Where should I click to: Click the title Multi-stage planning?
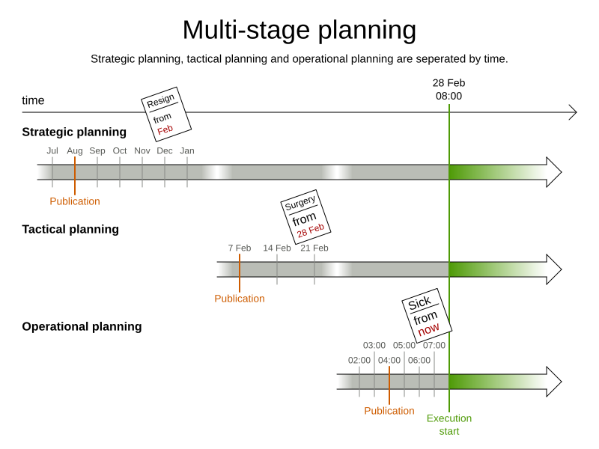click(x=299, y=31)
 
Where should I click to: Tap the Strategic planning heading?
click(x=74, y=132)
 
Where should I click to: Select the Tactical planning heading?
click(x=70, y=229)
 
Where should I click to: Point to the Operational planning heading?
click(x=82, y=326)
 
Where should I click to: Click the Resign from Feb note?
click(x=166, y=114)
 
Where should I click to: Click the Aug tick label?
click(x=75, y=150)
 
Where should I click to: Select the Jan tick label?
click(x=187, y=150)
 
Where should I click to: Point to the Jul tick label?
click(x=52, y=150)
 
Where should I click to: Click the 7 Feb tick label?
click(x=240, y=248)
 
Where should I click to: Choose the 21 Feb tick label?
click(x=314, y=248)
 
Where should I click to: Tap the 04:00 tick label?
click(x=389, y=360)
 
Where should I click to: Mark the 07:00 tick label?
click(x=434, y=345)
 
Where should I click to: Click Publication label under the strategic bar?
click(x=75, y=201)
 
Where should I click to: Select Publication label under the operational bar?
click(x=389, y=411)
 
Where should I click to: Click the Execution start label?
click(x=449, y=424)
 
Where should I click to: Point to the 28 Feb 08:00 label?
click(x=449, y=89)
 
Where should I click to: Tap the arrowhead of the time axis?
click(x=573, y=112)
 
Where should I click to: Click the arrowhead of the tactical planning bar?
click(x=554, y=269)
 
